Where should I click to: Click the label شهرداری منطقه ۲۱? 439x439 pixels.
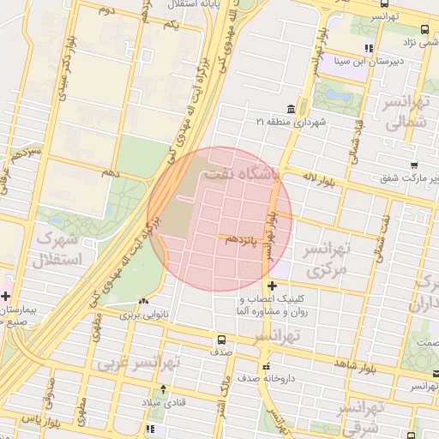292,123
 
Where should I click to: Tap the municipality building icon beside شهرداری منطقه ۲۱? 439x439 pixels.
292,109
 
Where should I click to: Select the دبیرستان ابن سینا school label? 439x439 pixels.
393,62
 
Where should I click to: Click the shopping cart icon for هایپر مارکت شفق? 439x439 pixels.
414,165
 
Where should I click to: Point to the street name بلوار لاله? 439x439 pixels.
322,177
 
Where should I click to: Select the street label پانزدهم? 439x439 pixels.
244,241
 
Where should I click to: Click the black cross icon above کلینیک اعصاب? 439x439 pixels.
273,286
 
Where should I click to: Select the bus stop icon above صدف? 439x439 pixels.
222,339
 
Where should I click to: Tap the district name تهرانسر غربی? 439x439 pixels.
137,364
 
